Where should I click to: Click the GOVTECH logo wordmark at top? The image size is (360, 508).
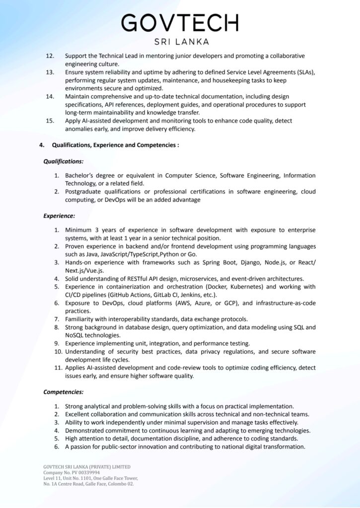tap(180, 23)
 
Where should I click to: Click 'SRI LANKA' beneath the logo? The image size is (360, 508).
tap(180, 42)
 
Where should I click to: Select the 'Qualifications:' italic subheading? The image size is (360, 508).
tap(64, 161)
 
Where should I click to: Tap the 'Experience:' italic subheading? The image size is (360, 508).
tap(59, 216)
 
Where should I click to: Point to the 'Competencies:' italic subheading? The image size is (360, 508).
tap(64, 392)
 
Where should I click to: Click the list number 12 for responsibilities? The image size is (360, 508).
tap(50, 56)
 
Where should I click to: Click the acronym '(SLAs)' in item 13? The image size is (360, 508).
tap(304, 72)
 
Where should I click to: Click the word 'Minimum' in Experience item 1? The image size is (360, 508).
tap(79, 230)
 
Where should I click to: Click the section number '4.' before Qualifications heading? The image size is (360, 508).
tap(42, 145)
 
